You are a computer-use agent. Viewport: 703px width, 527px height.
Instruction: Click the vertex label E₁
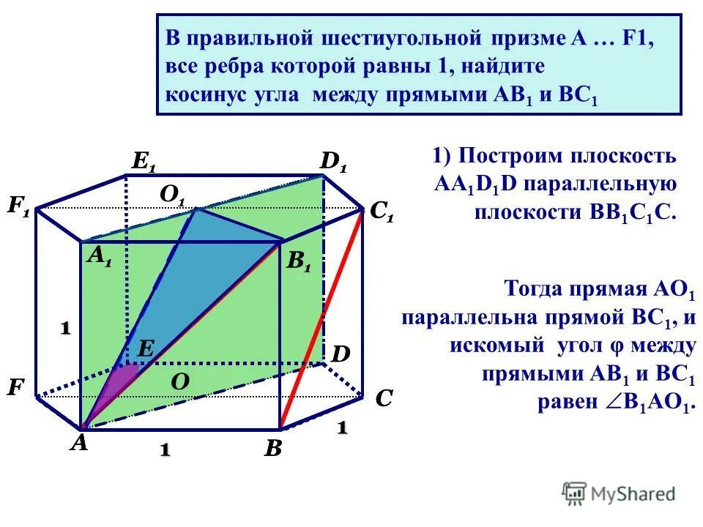click(x=143, y=162)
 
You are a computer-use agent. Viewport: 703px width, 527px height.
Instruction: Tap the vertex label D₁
click(x=333, y=162)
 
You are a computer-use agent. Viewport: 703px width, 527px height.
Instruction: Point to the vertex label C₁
click(x=382, y=212)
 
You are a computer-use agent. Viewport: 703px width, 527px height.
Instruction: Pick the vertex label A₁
click(x=100, y=255)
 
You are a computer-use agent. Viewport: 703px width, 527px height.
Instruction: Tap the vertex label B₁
click(x=298, y=263)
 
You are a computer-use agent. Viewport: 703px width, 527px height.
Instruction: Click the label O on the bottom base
click(x=179, y=381)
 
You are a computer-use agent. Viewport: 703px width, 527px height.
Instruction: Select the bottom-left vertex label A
click(x=78, y=443)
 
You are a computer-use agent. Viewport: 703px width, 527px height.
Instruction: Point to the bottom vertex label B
click(x=272, y=448)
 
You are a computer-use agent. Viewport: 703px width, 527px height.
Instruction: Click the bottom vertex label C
click(x=384, y=399)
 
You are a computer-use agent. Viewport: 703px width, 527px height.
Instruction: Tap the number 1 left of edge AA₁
click(x=65, y=329)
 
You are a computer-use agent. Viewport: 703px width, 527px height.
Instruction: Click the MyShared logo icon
click(x=574, y=493)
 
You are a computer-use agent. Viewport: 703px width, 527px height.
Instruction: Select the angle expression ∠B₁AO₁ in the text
click(x=656, y=403)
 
